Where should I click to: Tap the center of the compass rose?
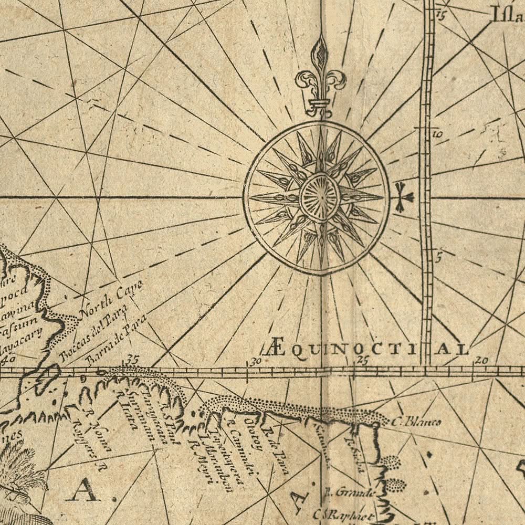[x=319, y=197]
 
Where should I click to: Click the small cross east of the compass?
[x=403, y=197]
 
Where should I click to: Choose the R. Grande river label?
[x=349, y=492]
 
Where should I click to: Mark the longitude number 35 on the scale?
[x=132, y=360]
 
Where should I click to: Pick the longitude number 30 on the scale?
[x=255, y=361]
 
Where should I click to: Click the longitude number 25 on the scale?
[x=362, y=360]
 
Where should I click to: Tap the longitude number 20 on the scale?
[x=481, y=360]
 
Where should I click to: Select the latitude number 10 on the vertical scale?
[x=438, y=134]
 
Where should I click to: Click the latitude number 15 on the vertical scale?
[x=439, y=15]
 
